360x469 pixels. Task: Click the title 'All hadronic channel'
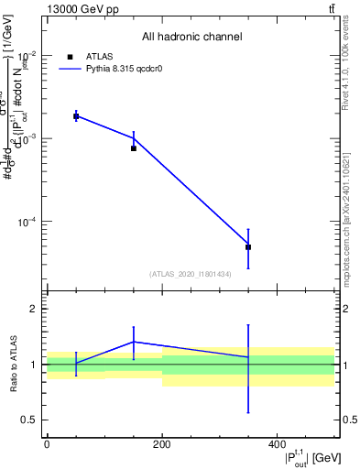(191, 37)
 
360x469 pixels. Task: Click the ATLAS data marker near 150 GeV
(134, 147)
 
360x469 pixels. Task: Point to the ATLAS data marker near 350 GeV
(248, 247)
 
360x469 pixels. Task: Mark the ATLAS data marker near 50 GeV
(76, 116)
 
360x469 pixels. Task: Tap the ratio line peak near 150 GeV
(134, 342)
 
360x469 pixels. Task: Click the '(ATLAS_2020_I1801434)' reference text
(191, 274)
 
